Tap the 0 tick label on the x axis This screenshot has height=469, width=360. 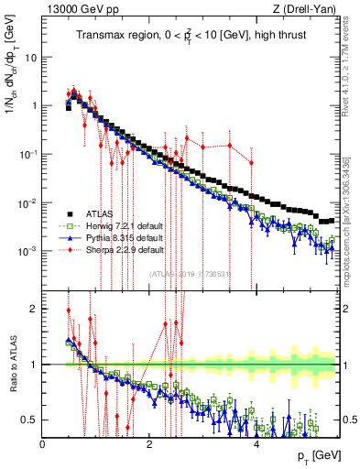43,443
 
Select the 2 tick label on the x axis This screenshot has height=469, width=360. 149,443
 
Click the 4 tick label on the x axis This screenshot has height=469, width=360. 256,443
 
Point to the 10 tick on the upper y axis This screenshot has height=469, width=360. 30,57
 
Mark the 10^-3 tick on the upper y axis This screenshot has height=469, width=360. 27,251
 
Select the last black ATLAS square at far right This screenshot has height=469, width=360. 333,220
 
